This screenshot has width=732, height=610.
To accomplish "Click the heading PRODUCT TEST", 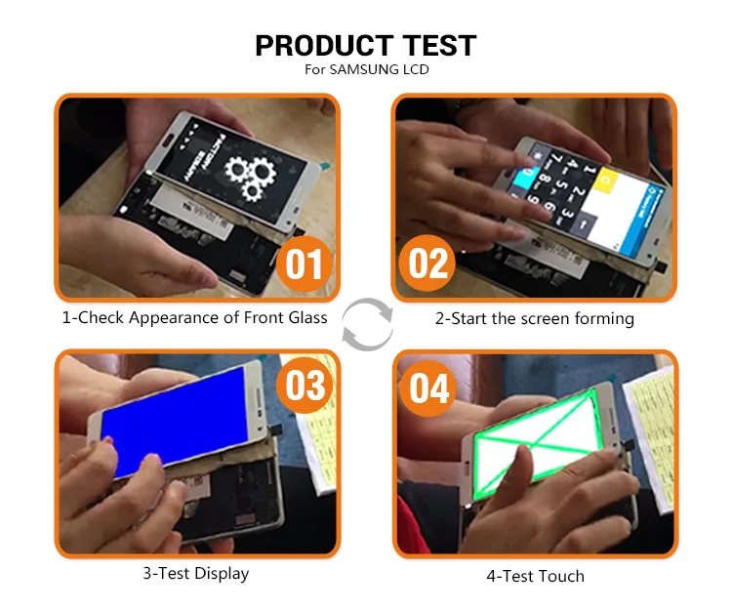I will (365, 45).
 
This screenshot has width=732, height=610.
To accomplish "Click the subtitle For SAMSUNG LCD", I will (365, 69).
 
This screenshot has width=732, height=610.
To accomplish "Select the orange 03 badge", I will (305, 385).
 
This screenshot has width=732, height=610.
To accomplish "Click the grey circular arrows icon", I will (367, 323).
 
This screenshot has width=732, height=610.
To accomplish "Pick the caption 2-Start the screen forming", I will (535, 318).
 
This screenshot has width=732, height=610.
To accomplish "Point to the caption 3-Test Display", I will (195, 573).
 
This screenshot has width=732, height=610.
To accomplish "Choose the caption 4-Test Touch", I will (535, 576).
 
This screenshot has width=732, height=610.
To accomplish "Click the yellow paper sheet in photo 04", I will (648, 429).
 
